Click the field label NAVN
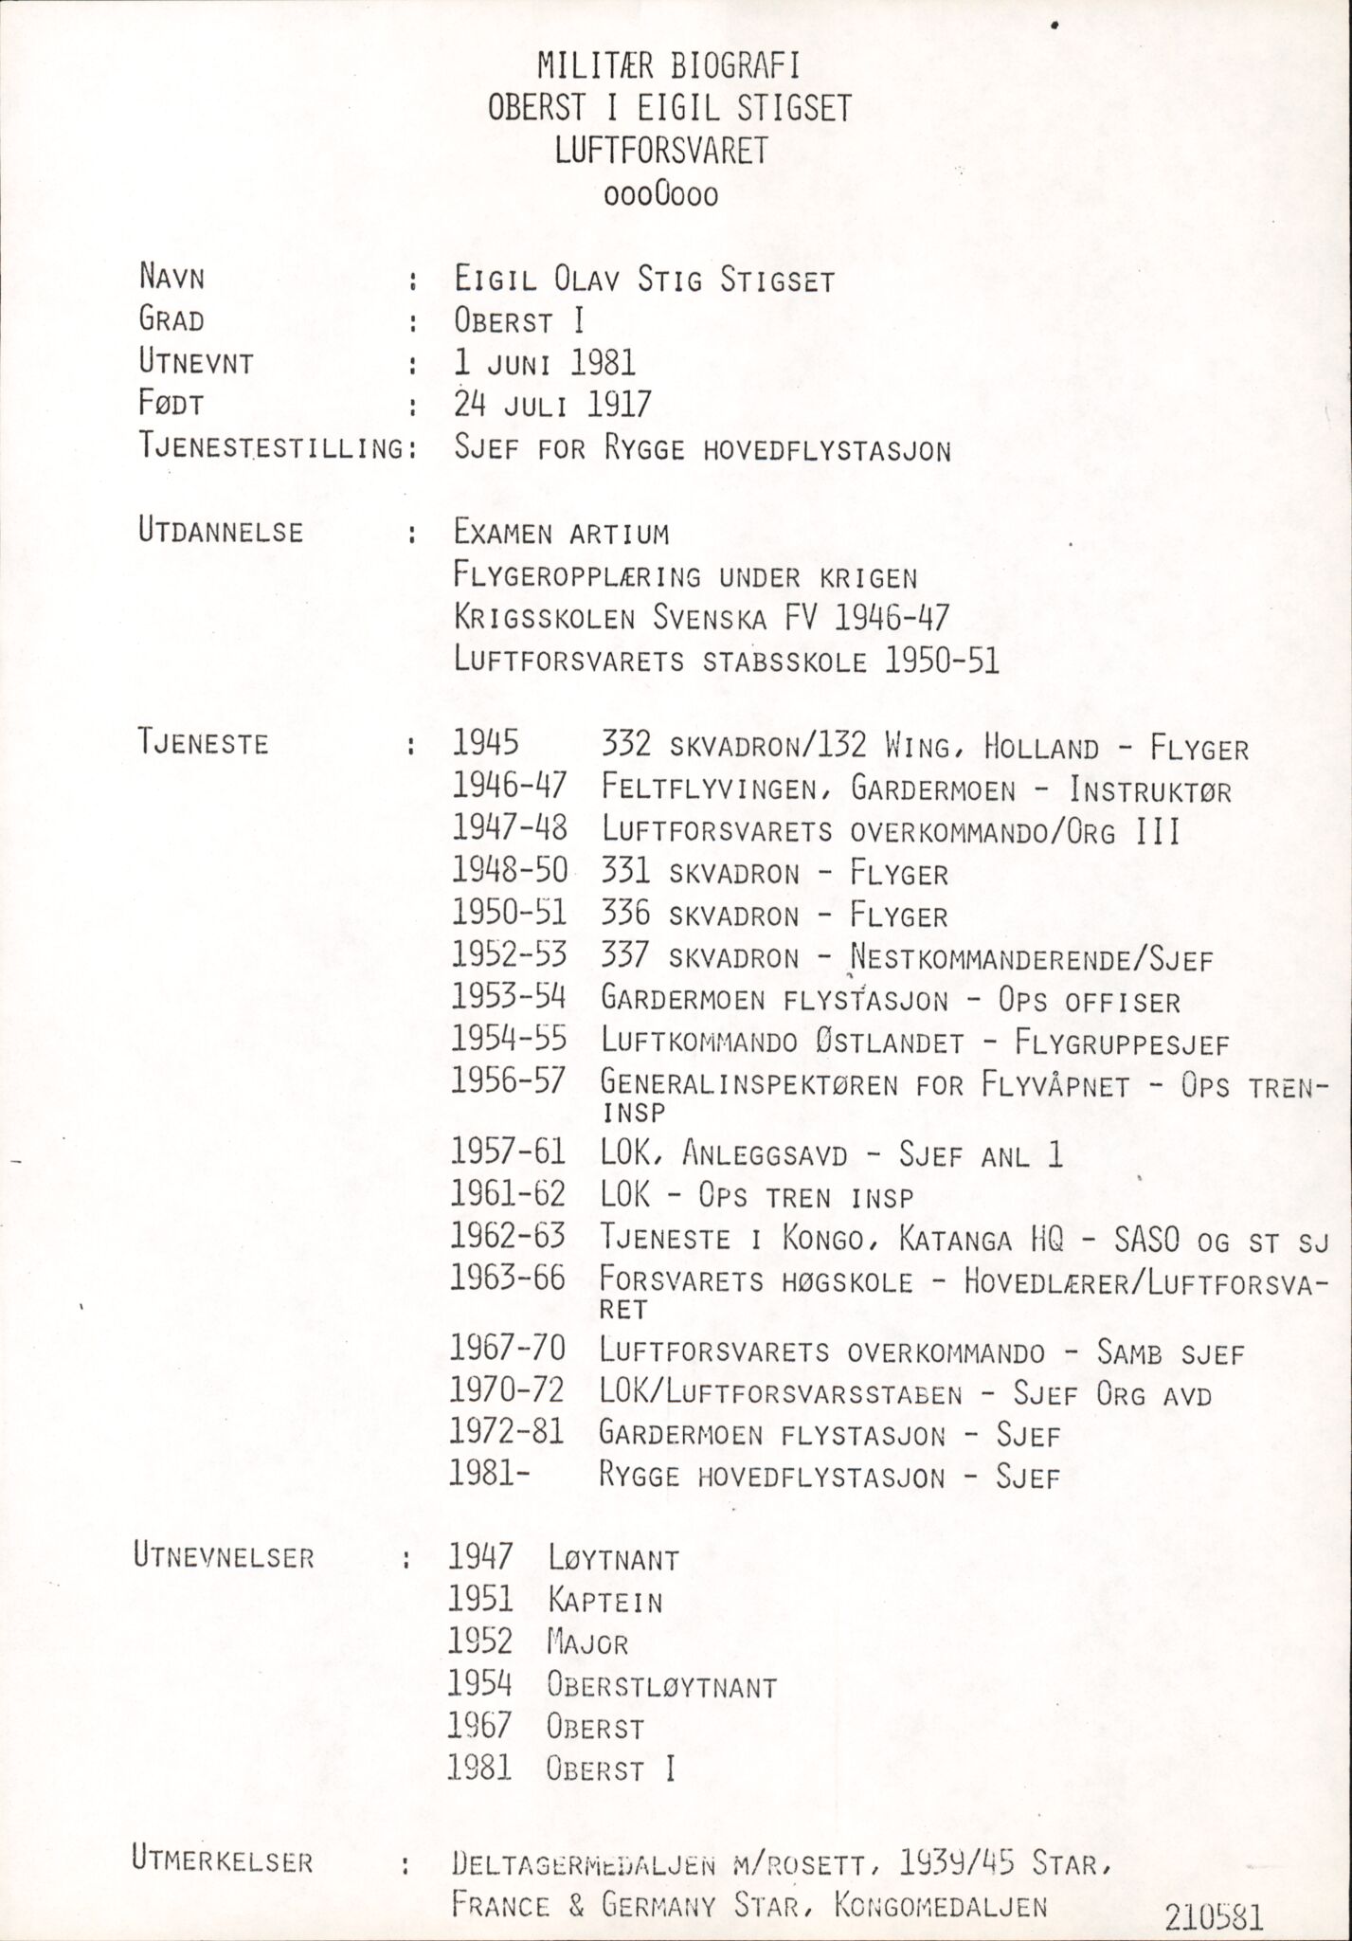coord(172,279)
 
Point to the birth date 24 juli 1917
coord(552,405)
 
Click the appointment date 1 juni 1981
coord(545,362)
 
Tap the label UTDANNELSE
coord(221,532)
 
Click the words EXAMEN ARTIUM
coord(561,534)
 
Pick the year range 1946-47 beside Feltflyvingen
coord(510,787)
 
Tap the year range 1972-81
coord(508,1433)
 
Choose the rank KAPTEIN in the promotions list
coord(604,1601)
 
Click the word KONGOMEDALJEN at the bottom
coord(942,1878)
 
